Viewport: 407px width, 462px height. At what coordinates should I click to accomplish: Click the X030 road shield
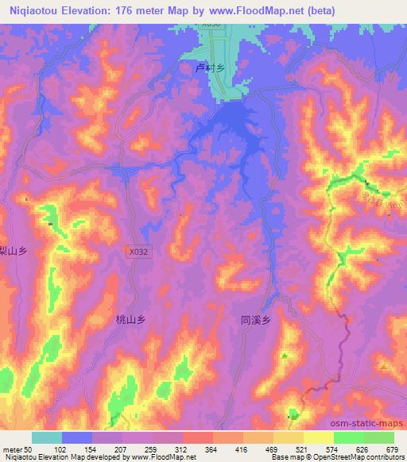210,25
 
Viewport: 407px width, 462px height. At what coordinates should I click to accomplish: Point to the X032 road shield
138,250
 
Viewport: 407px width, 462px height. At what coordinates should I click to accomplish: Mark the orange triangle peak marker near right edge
383,367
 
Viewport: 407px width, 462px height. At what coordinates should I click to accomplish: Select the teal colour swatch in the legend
47,437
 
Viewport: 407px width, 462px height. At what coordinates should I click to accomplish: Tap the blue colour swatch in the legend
77,437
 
